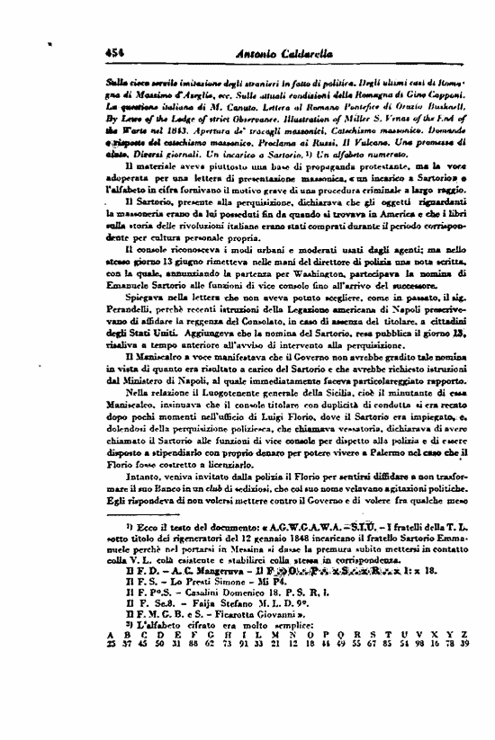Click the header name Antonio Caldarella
click(247, 30)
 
